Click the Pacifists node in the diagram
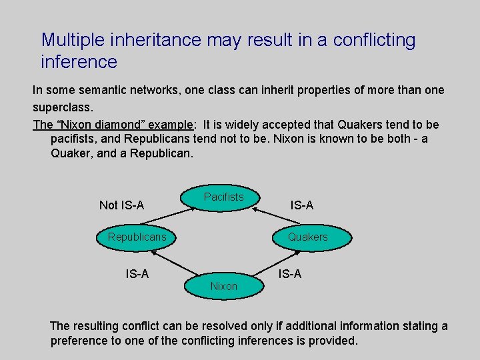tap(224, 197)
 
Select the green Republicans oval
tap(137, 237)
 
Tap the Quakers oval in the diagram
tap(308, 237)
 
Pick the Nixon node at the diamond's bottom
tap(224, 286)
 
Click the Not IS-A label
tap(121, 205)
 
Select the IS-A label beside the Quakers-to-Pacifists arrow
tap(301, 205)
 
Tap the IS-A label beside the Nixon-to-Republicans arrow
tap(137, 273)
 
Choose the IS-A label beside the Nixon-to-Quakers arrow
tap(290, 273)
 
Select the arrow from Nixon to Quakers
tap(270, 263)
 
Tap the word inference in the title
tap(79, 63)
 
